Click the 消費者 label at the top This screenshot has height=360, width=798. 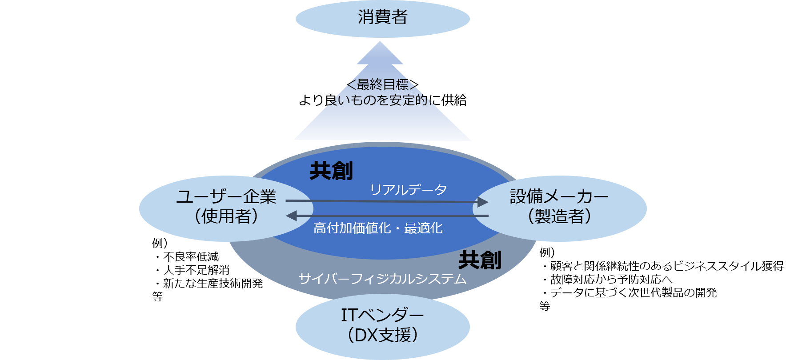(382, 18)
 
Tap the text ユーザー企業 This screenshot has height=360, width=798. (226, 196)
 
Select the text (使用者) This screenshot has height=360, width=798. (226, 216)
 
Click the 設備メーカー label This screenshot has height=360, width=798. (559, 196)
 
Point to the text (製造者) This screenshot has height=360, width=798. (559, 216)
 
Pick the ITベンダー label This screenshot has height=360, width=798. (382, 315)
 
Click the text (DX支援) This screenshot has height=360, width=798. (382, 335)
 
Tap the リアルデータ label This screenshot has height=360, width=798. (408, 190)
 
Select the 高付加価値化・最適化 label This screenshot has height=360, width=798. (378, 228)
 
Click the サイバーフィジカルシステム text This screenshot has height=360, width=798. (382, 279)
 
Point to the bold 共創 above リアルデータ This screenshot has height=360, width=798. (331, 171)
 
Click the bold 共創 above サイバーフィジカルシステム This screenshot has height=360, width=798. (480, 260)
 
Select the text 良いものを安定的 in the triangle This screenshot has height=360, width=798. (378, 100)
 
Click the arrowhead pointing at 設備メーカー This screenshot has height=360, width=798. (483, 202)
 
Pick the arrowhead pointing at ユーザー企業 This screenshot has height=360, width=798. (291, 216)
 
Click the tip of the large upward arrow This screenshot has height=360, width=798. (380, 43)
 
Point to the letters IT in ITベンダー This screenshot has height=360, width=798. (349, 315)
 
